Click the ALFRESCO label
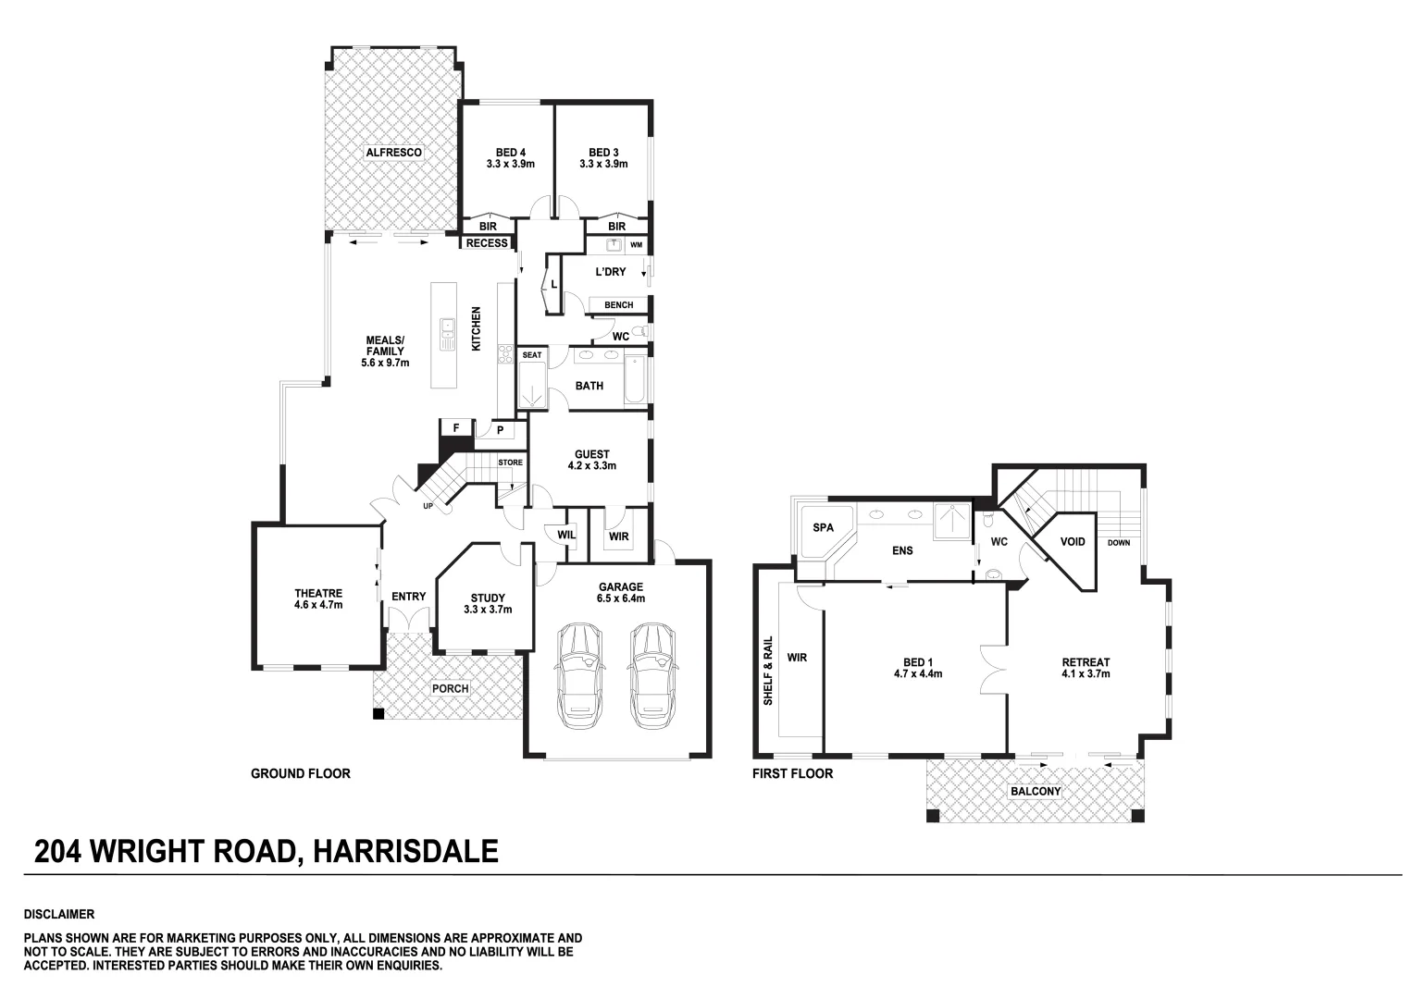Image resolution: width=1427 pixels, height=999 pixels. pyautogui.click(x=393, y=152)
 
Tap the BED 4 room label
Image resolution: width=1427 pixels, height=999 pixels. pyautogui.click(x=510, y=158)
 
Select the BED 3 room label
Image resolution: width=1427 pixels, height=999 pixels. pyautogui.click(x=603, y=158)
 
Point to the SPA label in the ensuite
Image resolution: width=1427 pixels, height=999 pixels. pyautogui.click(x=822, y=527)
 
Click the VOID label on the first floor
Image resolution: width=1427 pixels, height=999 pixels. pyautogui.click(x=1072, y=541)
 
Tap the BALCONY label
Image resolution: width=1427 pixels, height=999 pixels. pyautogui.click(x=1035, y=792)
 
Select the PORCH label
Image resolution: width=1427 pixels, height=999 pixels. pyautogui.click(x=450, y=688)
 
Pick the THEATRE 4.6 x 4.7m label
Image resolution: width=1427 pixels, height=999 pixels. pyautogui.click(x=318, y=599)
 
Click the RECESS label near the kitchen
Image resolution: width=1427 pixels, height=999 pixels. pyautogui.click(x=487, y=243)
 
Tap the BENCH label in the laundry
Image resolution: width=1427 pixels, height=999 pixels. pyautogui.click(x=618, y=305)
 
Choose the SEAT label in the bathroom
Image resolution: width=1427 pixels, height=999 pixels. pyautogui.click(x=532, y=354)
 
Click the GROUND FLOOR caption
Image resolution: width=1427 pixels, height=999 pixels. pyautogui.click(x=301, y=773)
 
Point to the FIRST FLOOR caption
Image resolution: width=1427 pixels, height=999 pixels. pyautogui.click(x=792, y=773)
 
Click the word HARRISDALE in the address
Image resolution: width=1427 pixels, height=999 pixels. pyautogui.click(x=406, y=851)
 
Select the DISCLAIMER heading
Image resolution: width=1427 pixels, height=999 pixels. pyautogui.click(x=59, y=914)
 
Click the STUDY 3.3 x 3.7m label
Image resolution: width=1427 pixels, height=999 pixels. pyautogui.click(x=487, y=603)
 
